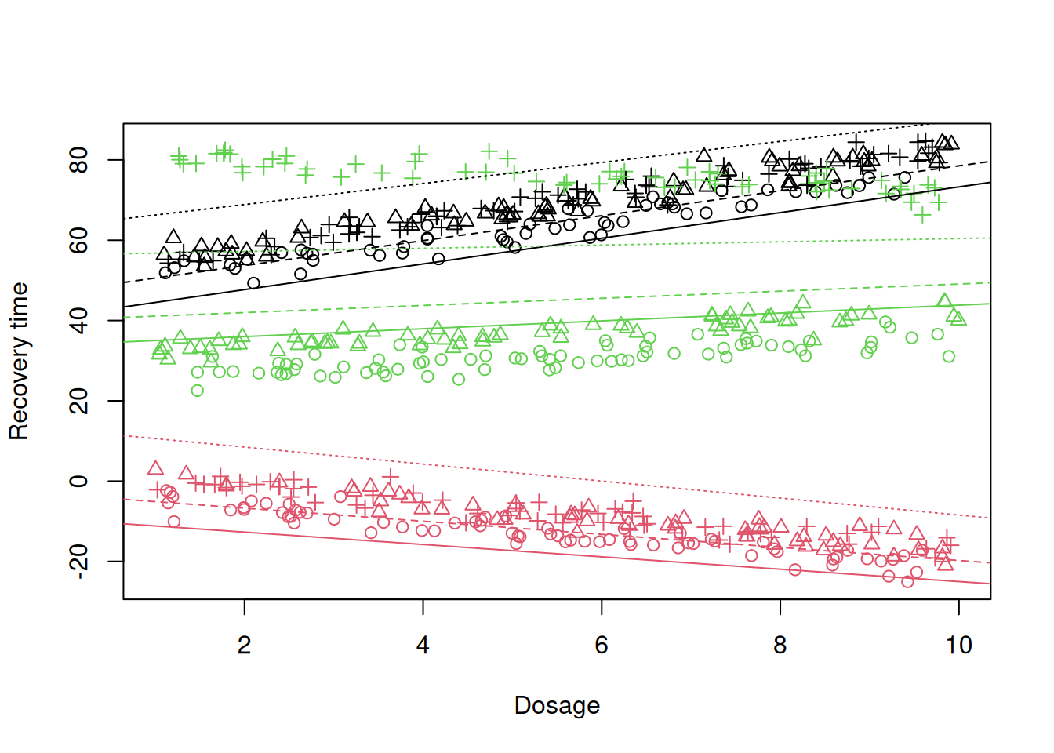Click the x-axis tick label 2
[244, 646]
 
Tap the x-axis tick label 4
[423, 646]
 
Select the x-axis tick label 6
[602, 646]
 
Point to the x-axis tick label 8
[780, 646]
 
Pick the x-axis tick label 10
[958, 646]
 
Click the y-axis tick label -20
[78, 562]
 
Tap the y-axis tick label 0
[78, 481]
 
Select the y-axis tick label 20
[78, 401]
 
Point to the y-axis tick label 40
[78, 321]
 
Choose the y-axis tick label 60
[78, 240]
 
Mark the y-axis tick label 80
[78, 160]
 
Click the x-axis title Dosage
[557, 705]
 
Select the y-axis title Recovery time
[19, 362]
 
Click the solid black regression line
[557, 245]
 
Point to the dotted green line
[557, 246]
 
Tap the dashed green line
[557, 300]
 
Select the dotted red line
[557, 477]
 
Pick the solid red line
[557, 554]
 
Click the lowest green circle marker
[197, 391]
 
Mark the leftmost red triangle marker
[155, 468]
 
